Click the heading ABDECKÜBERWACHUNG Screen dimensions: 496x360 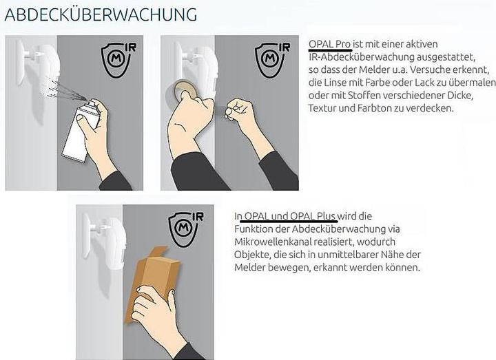click(x=101, y=15)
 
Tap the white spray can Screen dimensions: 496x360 click(x=79, y=131)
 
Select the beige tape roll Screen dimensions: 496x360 click(x=183, y=90)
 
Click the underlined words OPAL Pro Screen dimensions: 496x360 click(x=329, y=44)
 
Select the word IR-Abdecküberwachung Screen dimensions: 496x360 click(x=361, y=57)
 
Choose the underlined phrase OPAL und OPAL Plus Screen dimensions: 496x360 click(x=289, y=216)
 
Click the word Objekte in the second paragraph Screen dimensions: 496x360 click(x=252, y=255)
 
